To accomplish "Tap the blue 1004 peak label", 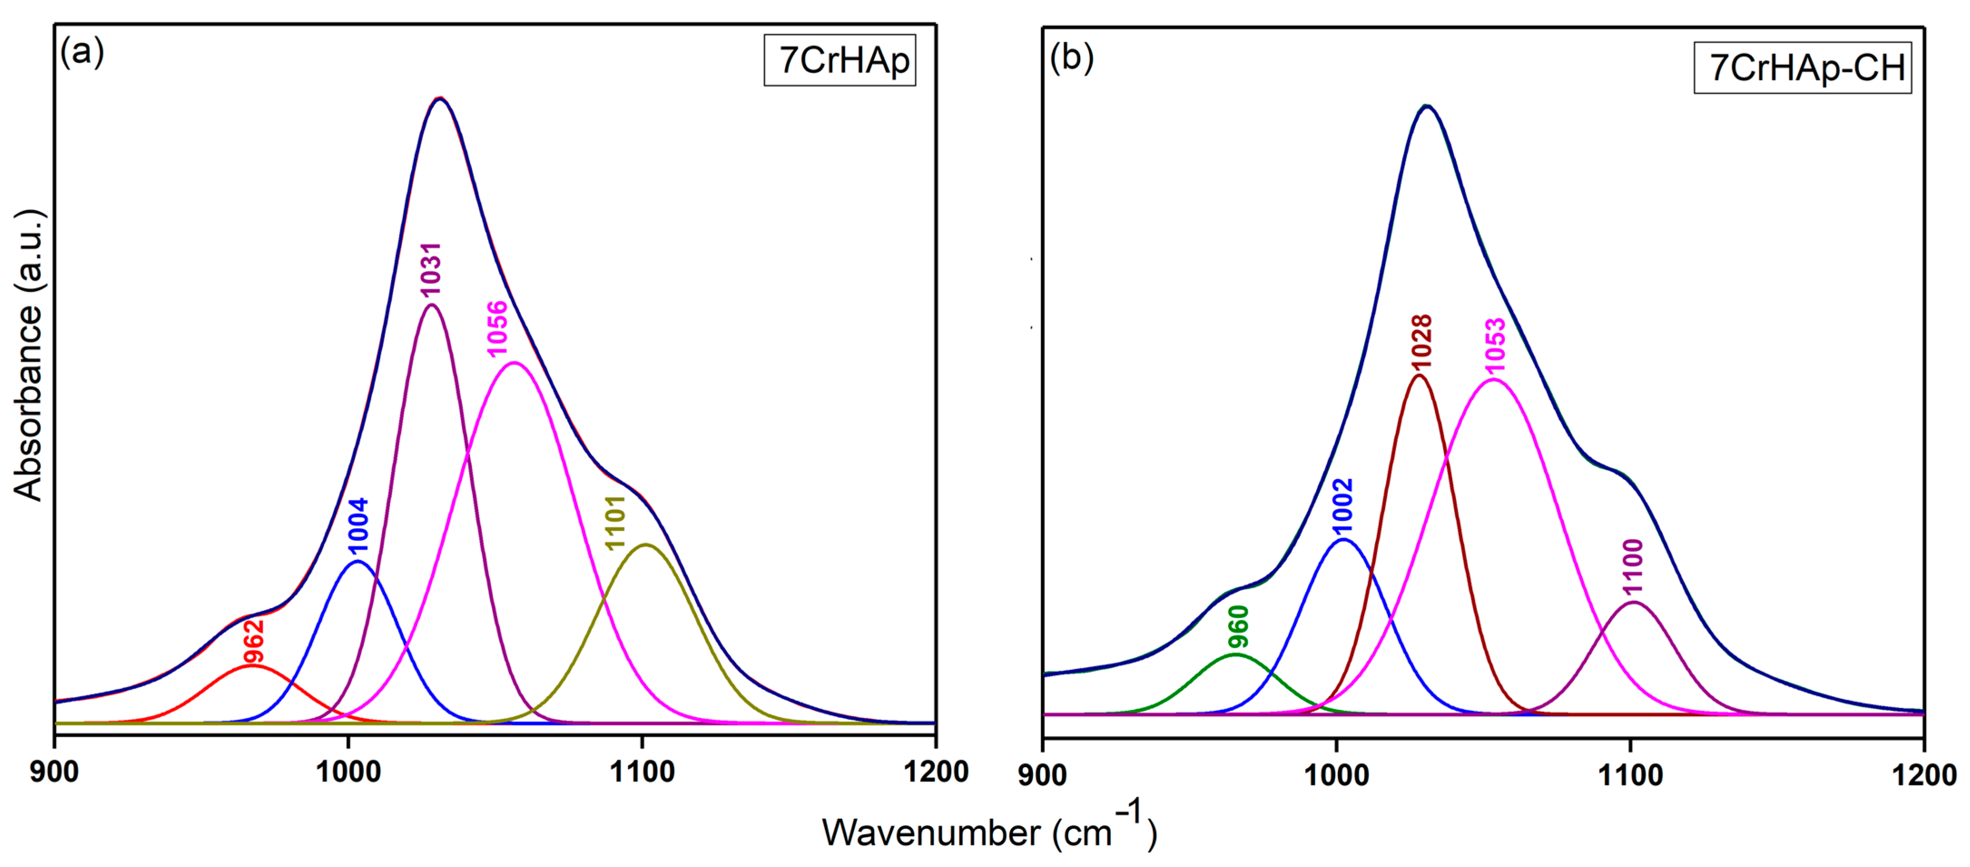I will pyautogui.click(x=358, y=525).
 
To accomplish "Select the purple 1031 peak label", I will pyautogui.click(x=431, y=269).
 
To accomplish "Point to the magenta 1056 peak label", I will pyautogui.click(x=497, y=329).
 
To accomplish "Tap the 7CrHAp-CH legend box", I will pyautogui.click(x=1803, y=68).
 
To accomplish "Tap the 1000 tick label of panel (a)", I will pyautogui.click(x=349, y=772).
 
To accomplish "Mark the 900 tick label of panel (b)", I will pyautogui.click(x=1042, y=775).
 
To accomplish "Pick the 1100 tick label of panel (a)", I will pyautogui.click(x=643, y=772).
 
